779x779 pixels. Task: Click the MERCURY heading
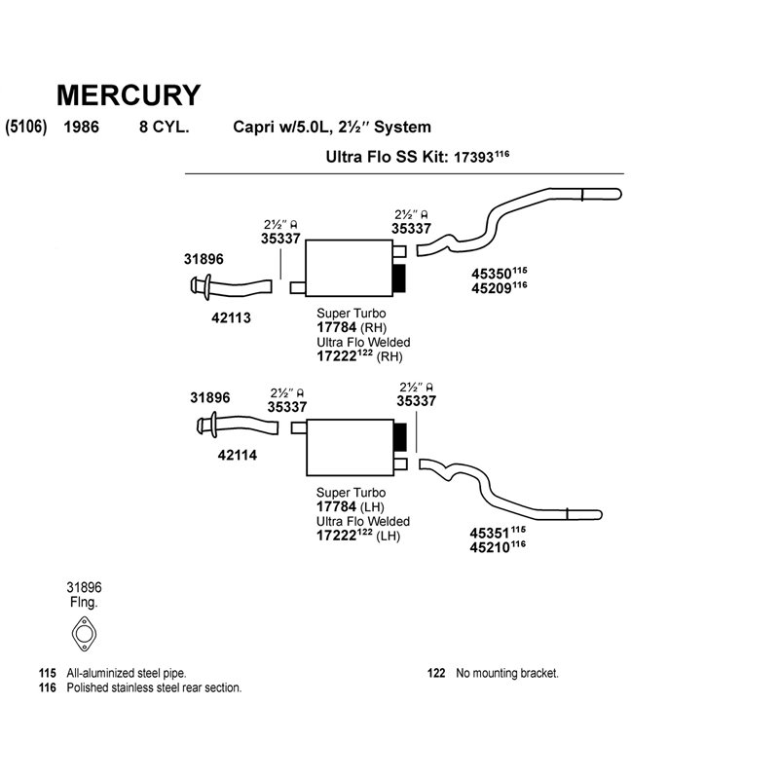click(x=129, y=94)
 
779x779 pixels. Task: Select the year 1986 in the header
click(x=81, y=127)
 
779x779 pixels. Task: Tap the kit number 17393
click(x=474, y=158)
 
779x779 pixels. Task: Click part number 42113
click(x=231, y=318)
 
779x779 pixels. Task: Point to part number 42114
click(x=238, y=455)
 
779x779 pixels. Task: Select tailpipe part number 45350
click(x=492, y=275)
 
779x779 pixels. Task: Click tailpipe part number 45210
click(x=490, y=547)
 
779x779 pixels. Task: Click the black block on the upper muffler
click(x=399, y=278)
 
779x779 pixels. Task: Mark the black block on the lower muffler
click(x=400, y=437)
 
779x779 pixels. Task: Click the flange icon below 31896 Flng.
click(x=84, y=634)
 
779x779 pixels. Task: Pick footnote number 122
click(x=436, y=673)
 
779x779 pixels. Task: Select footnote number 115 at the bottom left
click(x=47, y=673)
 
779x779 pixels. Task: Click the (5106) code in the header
click(x=26, y=127)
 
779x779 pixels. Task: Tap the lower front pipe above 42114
click(x=238, y=427)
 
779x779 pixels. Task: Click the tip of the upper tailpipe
click(x=619, y=194)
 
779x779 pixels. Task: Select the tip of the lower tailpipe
click(x=600, y=515)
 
